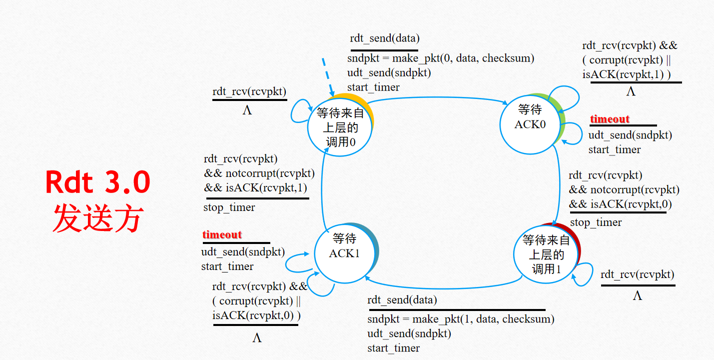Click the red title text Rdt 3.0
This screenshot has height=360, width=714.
point(98,183)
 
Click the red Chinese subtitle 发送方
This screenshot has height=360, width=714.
point(98,218)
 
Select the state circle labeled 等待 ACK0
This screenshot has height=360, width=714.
point(530,124)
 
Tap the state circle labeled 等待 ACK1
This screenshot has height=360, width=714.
point(344,253)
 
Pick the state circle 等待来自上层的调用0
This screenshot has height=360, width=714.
point(339,127)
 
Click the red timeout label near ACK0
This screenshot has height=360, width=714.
point(610,119)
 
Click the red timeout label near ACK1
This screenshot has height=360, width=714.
point(222,234)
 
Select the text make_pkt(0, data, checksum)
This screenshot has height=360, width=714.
point(456,58)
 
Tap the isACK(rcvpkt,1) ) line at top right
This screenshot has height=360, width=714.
point(627,74)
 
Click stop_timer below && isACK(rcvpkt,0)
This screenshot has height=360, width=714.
point(596,222)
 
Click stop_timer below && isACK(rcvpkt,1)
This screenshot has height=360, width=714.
point(229,207)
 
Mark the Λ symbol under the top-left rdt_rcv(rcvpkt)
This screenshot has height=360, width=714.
point(247,110)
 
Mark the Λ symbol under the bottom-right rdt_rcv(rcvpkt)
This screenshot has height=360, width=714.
point(637,295)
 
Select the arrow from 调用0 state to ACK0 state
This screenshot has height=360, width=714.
point(440,97)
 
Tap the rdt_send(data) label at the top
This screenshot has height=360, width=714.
point(385,38)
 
